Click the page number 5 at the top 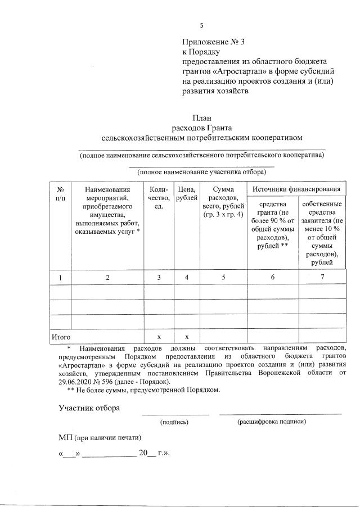tap(201, 25)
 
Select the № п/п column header tap(61, 194)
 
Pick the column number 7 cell tap(322, 278)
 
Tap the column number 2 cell tap(107, 278)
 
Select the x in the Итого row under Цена tap(186, 336)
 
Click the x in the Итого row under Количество tap(159, 336)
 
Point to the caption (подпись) tap(174, 421)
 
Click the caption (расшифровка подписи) tap(272, 421)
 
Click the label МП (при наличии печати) tap(100, 437)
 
